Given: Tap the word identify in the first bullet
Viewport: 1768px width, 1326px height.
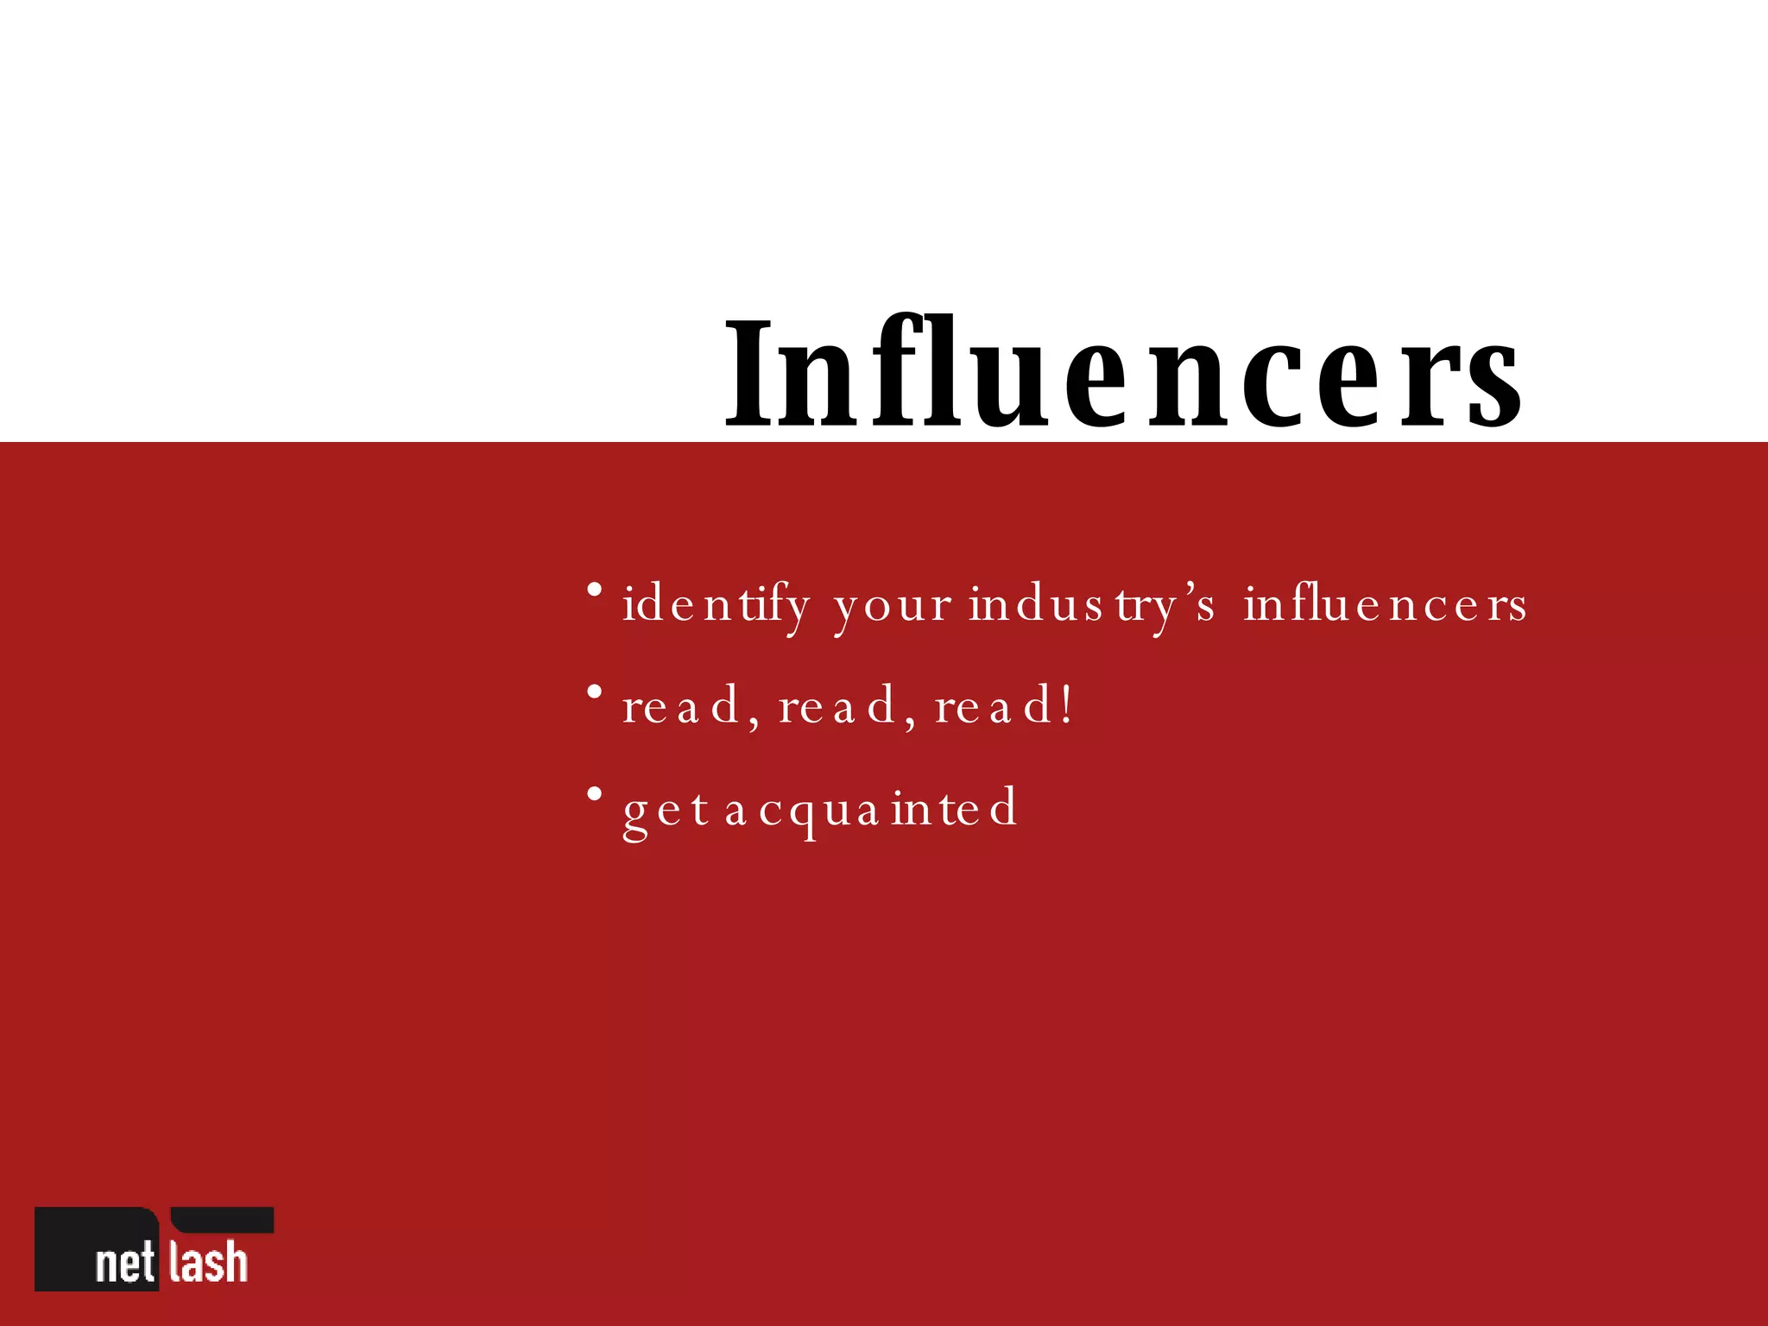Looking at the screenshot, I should tap(716, 604).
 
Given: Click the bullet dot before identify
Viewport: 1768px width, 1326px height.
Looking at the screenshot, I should tap(594, 590).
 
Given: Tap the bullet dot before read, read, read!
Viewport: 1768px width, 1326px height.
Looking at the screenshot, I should tap(594, 692).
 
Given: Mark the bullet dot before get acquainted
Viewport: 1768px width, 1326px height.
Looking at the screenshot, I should tap(594, 793).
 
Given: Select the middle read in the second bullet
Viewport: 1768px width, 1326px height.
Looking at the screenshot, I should tap(838, 706).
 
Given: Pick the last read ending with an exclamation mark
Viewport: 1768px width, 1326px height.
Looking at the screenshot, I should tap(1001, 706).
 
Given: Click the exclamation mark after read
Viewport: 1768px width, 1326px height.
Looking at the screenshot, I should tap(1068, 704).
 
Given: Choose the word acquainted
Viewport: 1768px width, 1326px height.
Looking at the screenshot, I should tap(871, 809).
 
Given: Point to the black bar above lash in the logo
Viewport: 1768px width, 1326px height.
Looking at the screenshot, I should tap(223, 1219).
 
